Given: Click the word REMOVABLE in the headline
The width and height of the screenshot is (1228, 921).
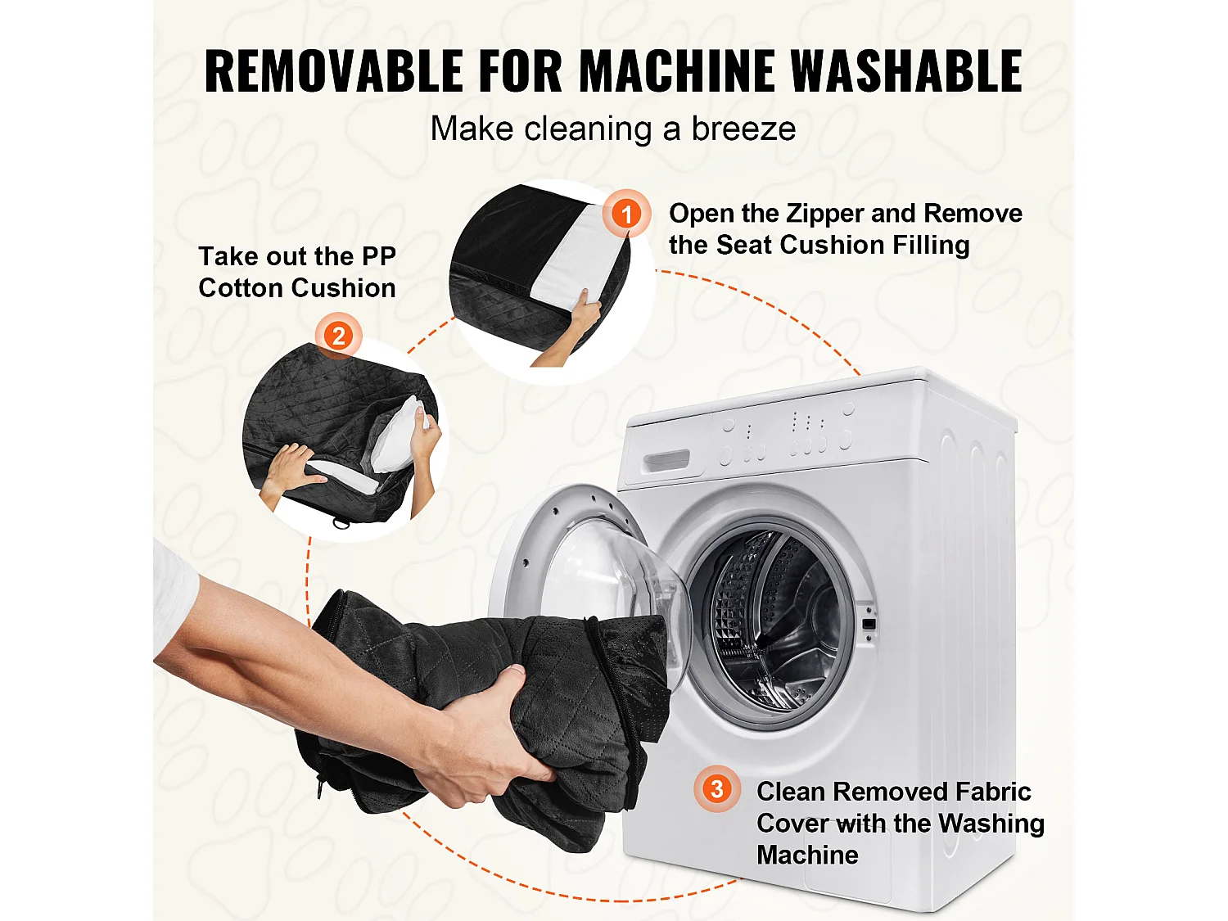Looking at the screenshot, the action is click(334, 70).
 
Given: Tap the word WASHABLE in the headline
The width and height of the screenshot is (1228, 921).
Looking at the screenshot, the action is click(907, 70).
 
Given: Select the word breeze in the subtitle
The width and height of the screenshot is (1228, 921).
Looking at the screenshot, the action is click(743, 129).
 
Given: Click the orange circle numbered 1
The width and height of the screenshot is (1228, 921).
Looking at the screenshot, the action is click(626, 214).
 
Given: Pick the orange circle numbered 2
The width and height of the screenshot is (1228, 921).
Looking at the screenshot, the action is click(338, 336).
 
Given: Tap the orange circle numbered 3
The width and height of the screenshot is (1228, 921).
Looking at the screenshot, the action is click(717, 789).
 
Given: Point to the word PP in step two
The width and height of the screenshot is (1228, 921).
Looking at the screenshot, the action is click(379, 257).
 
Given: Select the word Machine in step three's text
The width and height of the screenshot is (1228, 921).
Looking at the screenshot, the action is click(807, 855).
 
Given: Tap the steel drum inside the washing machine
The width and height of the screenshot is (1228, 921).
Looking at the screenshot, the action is click(774, 621).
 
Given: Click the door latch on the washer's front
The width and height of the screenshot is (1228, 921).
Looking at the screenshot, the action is click(868, 623).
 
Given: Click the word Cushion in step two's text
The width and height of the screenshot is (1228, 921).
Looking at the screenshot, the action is click(345, 288).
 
